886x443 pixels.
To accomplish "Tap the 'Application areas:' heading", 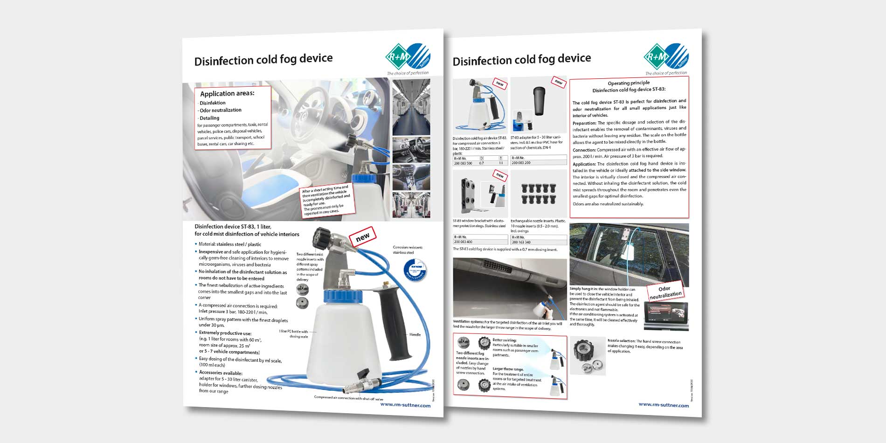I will coord(227,93).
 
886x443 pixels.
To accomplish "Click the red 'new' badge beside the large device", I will coord(362,237).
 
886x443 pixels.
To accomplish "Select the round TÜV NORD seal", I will coord(414,271).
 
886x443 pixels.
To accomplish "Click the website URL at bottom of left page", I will coord(405,405).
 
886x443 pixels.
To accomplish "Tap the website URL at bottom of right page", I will coord(664,405).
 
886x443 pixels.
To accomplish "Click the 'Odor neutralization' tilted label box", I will coord(665,292).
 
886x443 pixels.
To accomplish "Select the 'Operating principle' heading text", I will coord(629,83).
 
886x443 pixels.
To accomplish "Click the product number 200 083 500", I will coord(463,163).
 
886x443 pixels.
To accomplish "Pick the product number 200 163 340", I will coord(521,242).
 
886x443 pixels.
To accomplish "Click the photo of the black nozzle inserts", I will coord(538,194).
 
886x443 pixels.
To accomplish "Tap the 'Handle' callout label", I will coord(415,334).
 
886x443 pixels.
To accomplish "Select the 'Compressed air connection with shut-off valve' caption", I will coord(348,398).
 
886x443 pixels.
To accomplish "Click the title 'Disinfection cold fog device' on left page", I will coord(263,60).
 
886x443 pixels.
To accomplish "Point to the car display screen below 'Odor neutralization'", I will coord(665,314).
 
